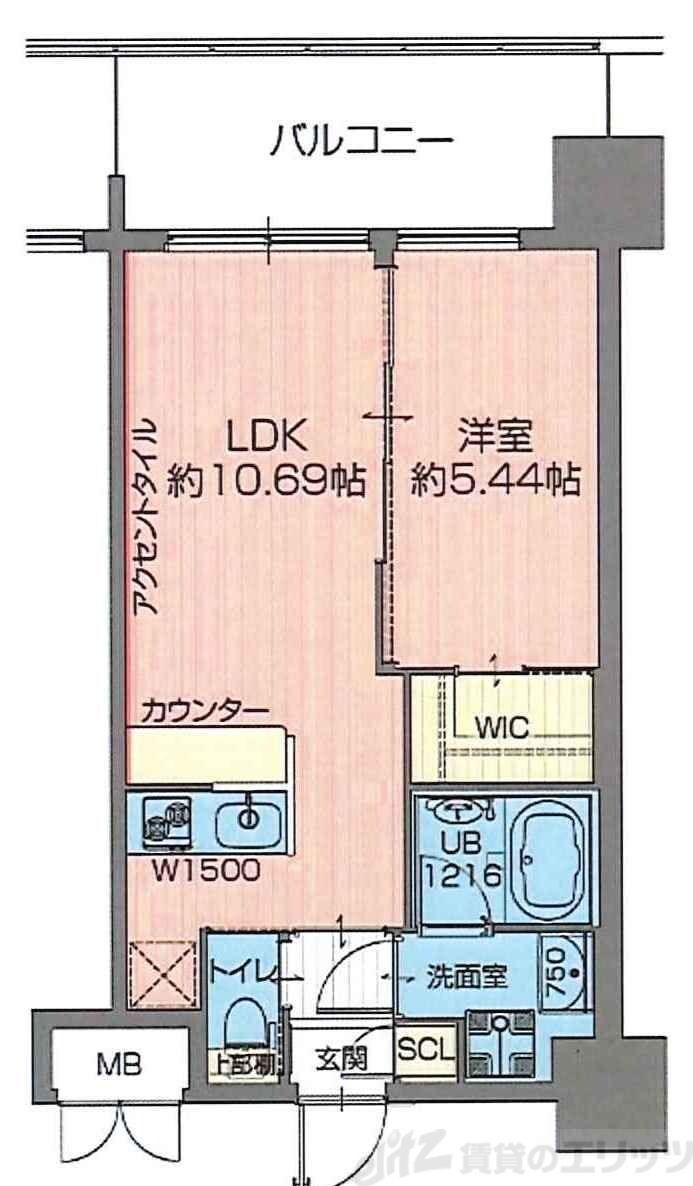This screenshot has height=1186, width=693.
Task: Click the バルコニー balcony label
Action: [362, 141]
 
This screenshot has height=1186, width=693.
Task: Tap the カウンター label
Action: [204, 712]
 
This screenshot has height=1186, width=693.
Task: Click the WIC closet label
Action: [501, 726]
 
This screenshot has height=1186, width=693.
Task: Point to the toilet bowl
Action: [244, 1022]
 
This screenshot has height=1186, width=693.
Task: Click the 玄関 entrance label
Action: [340, 1057]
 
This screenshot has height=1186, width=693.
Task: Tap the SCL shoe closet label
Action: [426, 1049]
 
